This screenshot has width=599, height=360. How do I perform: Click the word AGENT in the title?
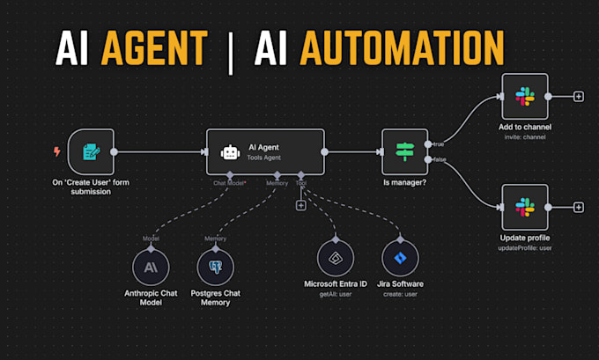[x=154, y=49]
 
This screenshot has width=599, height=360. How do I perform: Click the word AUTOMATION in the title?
[x=403, y=49]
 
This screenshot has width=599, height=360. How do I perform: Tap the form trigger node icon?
[x=91, y=152]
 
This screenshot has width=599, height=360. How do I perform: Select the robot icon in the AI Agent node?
[x=231, y=152]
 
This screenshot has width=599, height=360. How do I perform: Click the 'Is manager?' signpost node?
[x=404, y=152]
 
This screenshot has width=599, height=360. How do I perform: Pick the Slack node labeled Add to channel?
[x=524, y=96]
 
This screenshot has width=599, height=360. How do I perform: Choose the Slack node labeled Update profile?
[x=524, y=207]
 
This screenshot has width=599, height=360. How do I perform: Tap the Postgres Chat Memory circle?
[x=215, y=266]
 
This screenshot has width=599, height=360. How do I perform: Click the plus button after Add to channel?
[x=578, y=96]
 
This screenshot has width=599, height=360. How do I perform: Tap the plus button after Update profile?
[x=578, y=207]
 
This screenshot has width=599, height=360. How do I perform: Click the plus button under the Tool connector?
[x=300, y=205]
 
